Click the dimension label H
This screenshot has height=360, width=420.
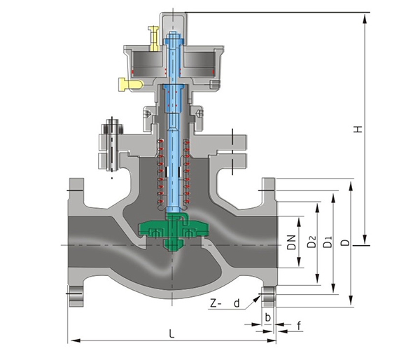click(x=358, y=130)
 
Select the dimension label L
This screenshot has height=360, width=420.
click(x=171, y=333)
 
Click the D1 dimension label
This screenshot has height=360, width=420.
click(x=327, y=243)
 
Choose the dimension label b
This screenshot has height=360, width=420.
click(x=267, y=317)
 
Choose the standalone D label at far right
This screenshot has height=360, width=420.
click(x=344, y=243)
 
